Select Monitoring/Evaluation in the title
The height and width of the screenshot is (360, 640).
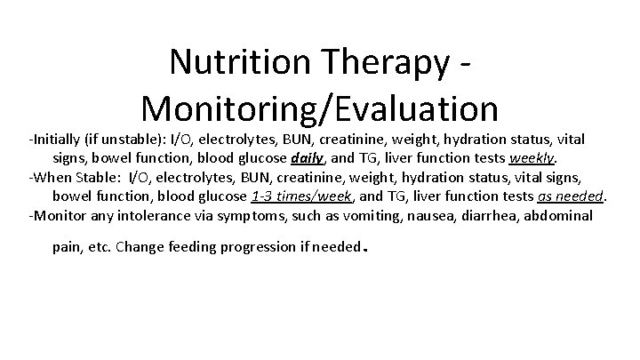(x=319, y=108)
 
